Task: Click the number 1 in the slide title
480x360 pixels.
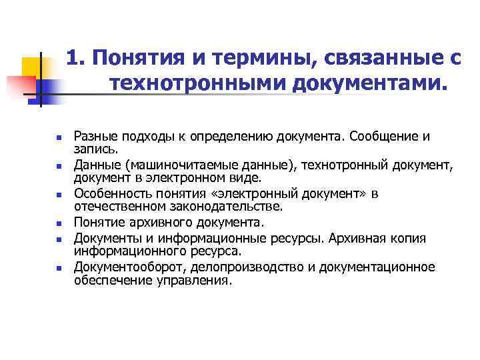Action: [x=73, y=59]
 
